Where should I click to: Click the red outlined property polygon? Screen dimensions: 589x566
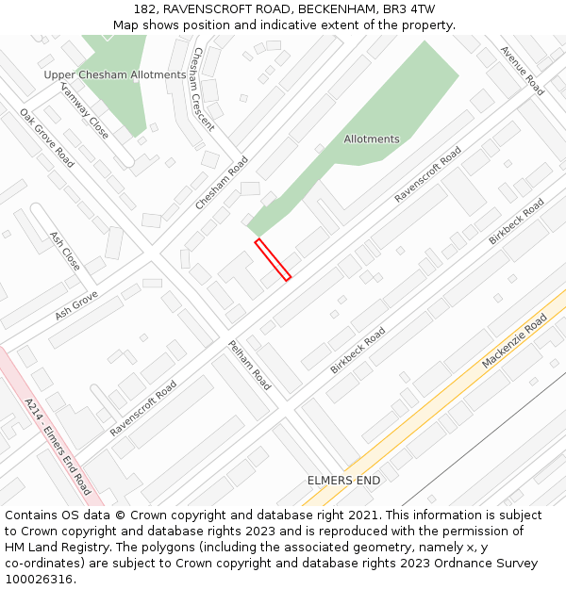point(273,259)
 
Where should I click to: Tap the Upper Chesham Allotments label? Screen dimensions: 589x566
point(115,74)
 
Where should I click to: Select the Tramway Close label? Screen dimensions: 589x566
point(85,109)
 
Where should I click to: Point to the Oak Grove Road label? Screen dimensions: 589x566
point(47,138)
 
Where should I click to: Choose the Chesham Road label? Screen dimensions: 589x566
point(222,183)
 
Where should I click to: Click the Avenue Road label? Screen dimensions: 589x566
point(522,71)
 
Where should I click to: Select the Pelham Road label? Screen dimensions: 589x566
point(249,366)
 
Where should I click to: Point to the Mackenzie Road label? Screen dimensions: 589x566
point(514,341)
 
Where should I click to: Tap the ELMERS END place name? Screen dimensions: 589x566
point(343,481)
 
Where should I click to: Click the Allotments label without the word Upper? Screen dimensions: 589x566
point(372,139)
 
